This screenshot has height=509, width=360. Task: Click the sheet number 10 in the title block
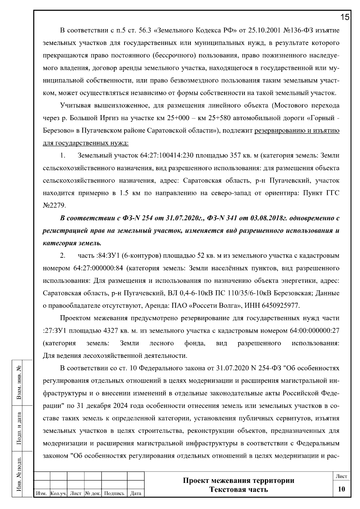pos(341,489)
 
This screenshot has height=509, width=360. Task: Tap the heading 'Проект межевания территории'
pos(238,481)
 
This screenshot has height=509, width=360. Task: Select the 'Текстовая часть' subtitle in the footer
pos(238,490)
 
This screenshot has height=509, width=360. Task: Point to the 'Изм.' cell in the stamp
pos(41,493)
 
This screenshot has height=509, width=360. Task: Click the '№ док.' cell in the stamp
pos(93,493)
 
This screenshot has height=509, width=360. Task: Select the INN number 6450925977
pos(280,306)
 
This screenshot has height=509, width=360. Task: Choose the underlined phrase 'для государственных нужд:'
pos(86,143)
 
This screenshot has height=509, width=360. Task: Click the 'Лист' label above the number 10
pos(341,476)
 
